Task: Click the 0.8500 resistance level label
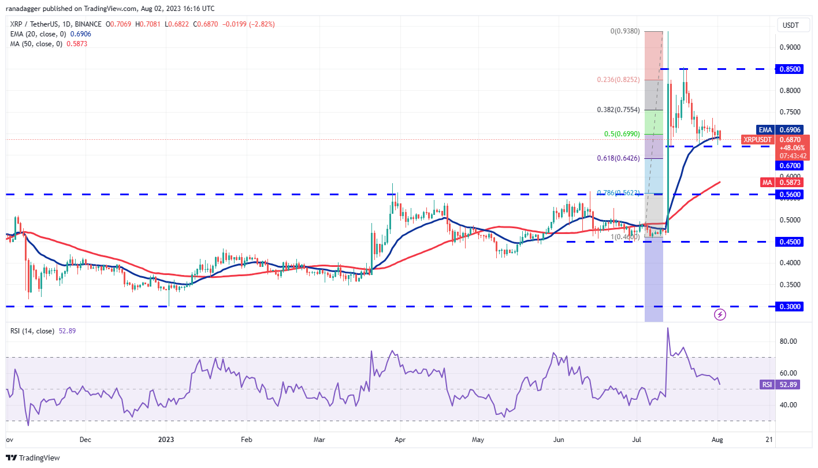(x=790, y=69)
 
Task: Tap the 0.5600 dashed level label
(x=790, y=195)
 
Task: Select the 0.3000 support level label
(x=790, y=306)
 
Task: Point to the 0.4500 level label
(x=790, y=242)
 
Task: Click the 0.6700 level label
(x=790, y=165)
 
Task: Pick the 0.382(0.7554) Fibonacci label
(x=619, y=109)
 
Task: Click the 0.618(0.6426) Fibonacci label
(x=619, y=158)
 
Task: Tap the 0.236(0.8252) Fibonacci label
(x=619, y=80)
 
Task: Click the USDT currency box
(x=790, y=25)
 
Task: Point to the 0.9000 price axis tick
(x=790, y=47)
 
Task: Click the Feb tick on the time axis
(x=246, y=439)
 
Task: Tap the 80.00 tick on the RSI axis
(x=790, y=341)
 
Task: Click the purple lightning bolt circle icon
(x=720, y=314)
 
